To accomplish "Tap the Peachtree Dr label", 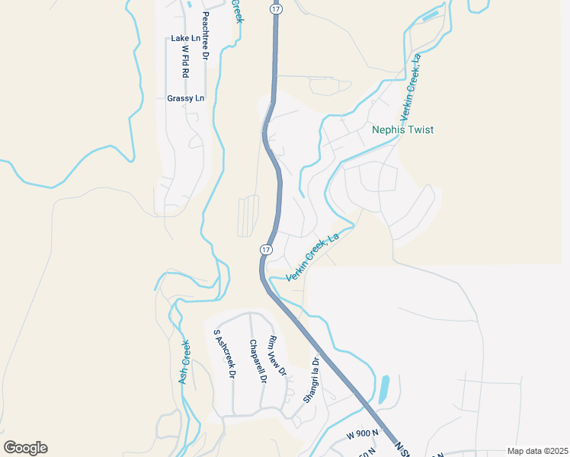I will (205, 35).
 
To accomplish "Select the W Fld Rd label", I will (185, 62).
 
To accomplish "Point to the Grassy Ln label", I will (186, 98).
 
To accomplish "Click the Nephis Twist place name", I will (402, 129).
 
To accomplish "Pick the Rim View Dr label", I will (277, 356).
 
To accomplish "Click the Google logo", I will (26, 448).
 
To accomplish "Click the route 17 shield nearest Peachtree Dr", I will (275, 7).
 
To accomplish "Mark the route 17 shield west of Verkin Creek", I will (265, 250).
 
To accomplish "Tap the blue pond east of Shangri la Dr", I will (383, 388).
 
